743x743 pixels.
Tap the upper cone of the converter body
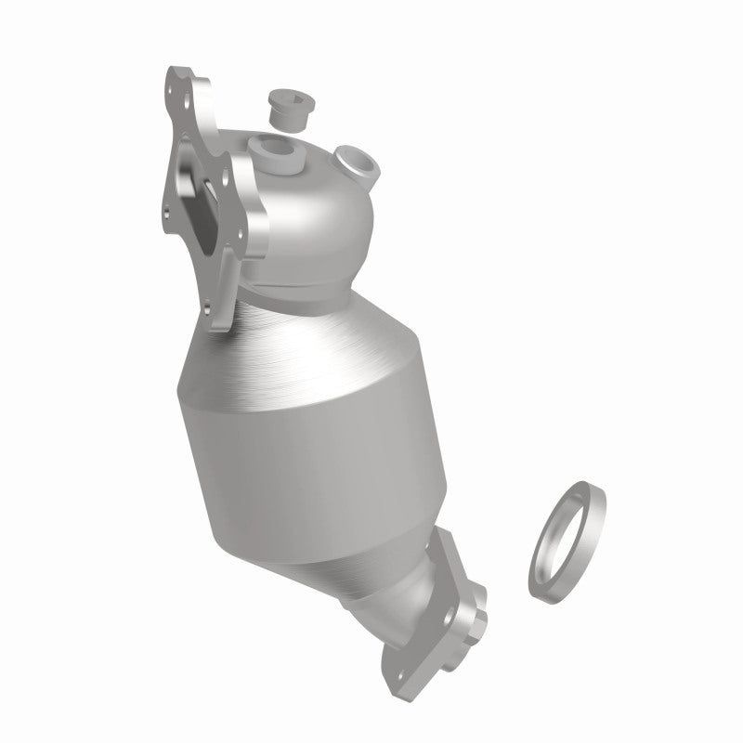[306, 334]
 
